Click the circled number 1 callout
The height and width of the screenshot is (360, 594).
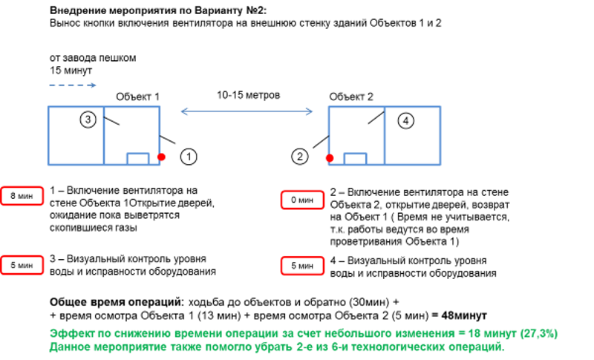coord(189,157)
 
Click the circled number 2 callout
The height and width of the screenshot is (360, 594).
coord(300,157)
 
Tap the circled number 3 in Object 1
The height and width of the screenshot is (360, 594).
coord(88,120)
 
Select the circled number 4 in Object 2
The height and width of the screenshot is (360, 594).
coord(405,121)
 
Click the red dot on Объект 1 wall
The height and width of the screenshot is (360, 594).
coord(161,157)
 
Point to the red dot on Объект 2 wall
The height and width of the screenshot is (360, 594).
coord(330,158)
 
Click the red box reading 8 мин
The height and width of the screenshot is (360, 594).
coord(22,196)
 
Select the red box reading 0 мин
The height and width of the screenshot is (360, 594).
coord(302,200)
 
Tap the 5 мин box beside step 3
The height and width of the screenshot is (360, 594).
coord(22,265)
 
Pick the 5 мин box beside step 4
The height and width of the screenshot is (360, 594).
coord(302,266)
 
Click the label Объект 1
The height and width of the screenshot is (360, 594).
coord(137,97)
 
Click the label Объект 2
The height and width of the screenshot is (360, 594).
coord(351,97)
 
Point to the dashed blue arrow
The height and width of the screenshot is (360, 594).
coord(73,85)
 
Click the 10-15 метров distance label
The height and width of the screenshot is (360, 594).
coord(248,95)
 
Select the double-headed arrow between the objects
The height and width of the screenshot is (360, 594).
coord(247,111)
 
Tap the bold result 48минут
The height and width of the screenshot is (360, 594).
coord(464,315)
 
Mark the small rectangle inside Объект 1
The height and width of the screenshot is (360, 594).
coord(138,159)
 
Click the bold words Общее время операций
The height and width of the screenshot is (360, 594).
coord(117,302)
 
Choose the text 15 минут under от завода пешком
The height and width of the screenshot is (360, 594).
coord(71,71)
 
